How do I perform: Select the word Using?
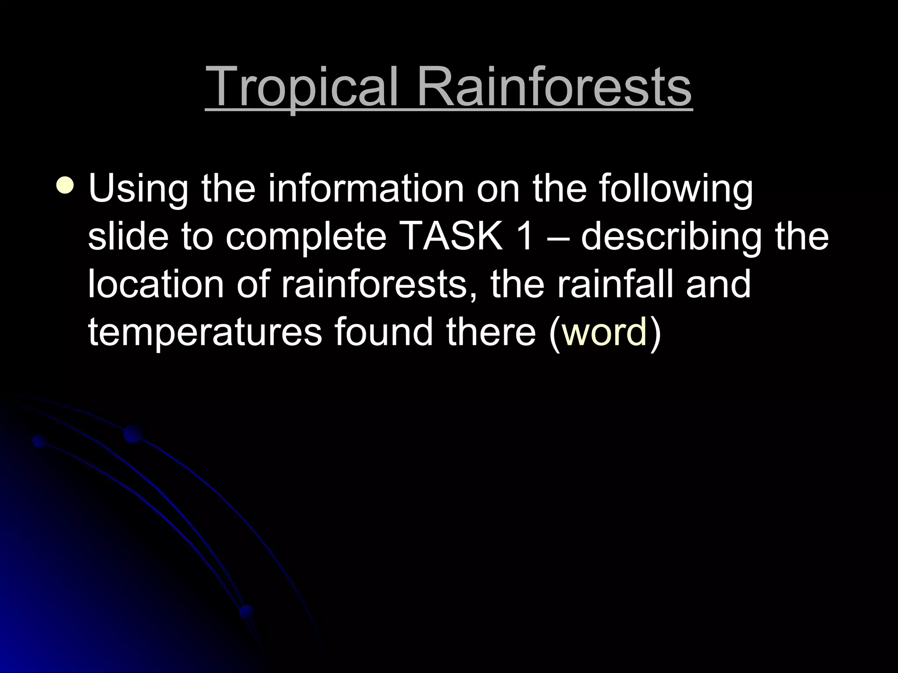[x=138, y=189]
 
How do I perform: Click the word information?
[x=366, y=189]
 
